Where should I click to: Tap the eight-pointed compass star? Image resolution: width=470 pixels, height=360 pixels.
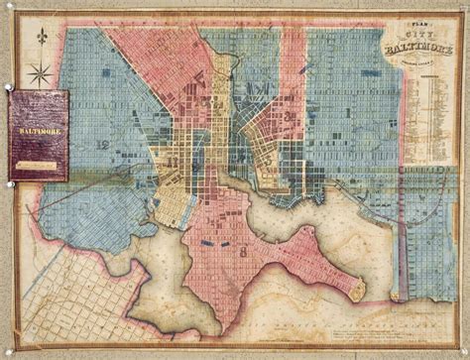[40, 71]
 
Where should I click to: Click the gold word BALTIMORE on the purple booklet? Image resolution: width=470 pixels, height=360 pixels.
[38, 129]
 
